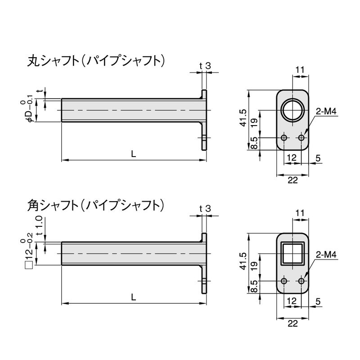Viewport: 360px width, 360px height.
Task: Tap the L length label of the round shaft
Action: pos(134,154)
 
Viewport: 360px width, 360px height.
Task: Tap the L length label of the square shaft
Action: pos(134,297)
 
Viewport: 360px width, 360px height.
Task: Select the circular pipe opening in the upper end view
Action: pos(292,110)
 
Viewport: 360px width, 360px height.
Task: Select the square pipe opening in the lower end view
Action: pos(292,253)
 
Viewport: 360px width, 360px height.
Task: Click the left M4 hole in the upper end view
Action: pos(284,138)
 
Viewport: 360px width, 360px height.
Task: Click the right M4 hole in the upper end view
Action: pos(301,138)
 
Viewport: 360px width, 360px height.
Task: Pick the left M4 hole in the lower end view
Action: pos(284,281)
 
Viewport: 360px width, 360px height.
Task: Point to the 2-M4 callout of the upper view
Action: pos(326,112)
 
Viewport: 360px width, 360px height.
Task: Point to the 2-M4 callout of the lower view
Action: pos(326,255)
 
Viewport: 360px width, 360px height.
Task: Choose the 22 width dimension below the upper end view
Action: pos(292,180)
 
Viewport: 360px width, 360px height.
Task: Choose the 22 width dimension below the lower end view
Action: pos(292,324)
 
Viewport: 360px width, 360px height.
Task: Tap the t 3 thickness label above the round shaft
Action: pos(205,66)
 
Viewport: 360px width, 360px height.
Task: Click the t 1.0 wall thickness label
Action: pos(40,226)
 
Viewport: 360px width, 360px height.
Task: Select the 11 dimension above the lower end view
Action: pos(300,213)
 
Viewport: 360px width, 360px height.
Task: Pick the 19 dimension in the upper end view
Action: pos(254,123)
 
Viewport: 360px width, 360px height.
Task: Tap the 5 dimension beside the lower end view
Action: pos(318,301)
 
